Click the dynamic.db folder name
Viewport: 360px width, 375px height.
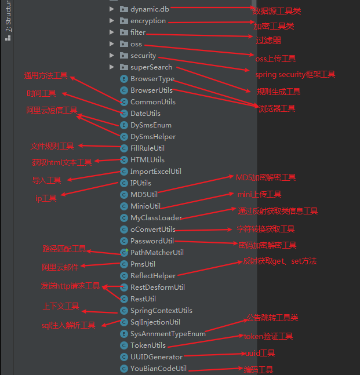(x=150, y=9)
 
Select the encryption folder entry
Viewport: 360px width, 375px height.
(x=148, y=21)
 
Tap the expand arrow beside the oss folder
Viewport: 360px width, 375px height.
(x=112, y=44)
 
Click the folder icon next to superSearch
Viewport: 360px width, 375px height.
(x=123, y=67)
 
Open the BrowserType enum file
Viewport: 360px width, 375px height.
(x=152, y=79)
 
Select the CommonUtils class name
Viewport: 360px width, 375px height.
(x=152, y=102)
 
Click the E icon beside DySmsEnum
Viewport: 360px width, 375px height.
(x=123, y=125)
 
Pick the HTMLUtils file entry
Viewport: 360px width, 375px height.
(x=147, y=160)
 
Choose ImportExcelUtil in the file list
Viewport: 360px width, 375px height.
(x=155, y=172)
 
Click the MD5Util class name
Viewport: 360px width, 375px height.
(x=144, y=195)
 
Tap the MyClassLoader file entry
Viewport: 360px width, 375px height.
(x=156, y=218)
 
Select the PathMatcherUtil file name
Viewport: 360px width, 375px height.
(x=157, y=253)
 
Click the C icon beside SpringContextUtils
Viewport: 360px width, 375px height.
(x=123, y=311)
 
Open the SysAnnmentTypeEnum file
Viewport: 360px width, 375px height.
(x=168, y=334)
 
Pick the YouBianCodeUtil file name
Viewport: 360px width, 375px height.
(x=158, y=369)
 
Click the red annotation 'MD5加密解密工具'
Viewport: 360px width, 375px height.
(x=266, y=177)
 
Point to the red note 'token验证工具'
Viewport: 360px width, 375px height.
(x=268, y=336)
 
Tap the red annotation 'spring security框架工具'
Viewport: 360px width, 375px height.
(x=295, y=75)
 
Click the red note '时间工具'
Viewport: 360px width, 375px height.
(x=41, y=93)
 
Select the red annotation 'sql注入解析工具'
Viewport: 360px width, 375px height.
(x=68, y=326)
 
